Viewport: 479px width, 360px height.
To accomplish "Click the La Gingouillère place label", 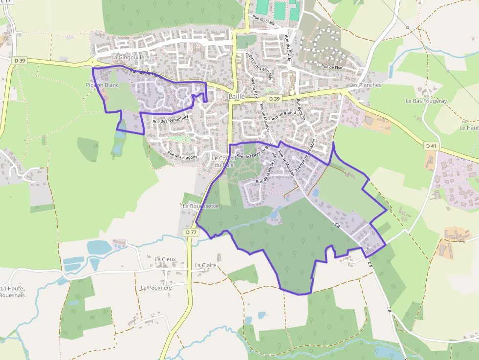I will pos(131,57).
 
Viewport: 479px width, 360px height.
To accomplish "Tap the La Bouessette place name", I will pos(200,206).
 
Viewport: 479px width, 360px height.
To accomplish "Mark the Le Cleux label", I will pos(165,259).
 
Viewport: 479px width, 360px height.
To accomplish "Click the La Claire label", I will pos(205,265).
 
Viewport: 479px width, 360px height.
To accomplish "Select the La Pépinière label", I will pos(156,288).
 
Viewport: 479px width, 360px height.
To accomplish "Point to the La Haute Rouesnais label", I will pos(12,292).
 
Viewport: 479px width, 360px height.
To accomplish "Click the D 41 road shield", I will pos(431,146).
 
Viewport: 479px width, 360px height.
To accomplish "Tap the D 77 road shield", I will pos(191,233).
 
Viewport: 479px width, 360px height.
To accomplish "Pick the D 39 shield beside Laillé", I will pos(274,99).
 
